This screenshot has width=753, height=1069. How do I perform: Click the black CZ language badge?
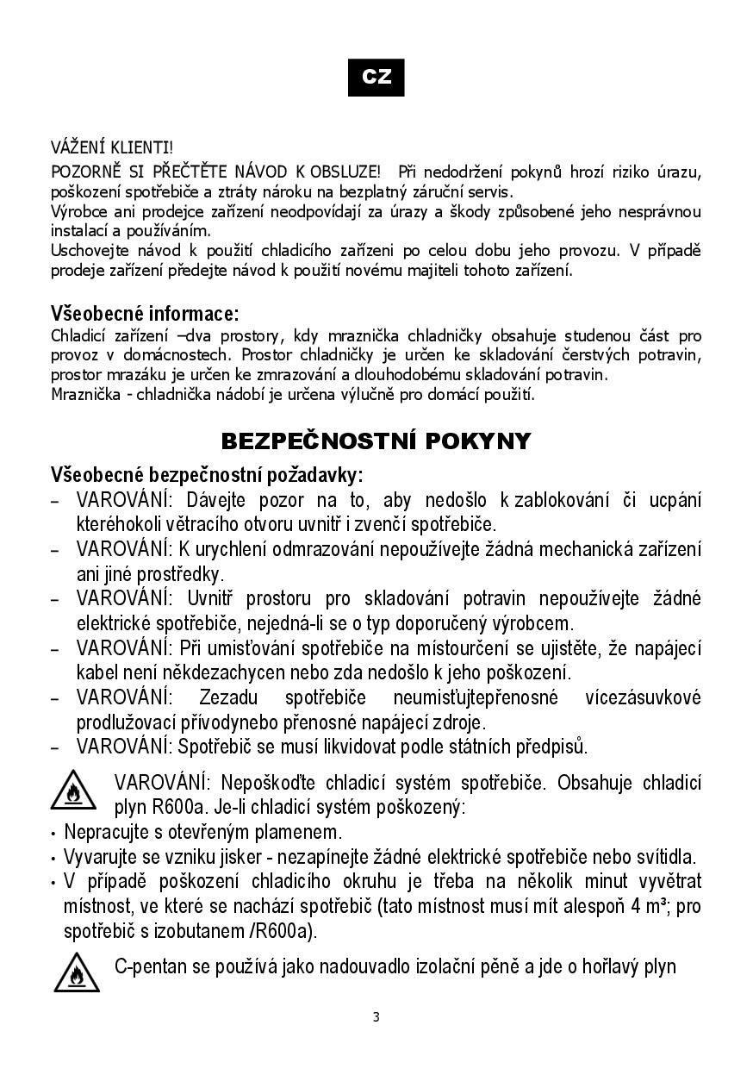376,77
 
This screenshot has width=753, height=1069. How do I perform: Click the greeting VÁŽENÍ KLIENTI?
112,150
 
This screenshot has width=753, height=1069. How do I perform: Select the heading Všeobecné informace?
145,312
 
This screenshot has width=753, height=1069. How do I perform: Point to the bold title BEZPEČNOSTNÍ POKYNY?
376,441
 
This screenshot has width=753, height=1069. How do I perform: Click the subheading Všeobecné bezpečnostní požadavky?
207,474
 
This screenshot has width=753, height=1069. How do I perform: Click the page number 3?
376,1016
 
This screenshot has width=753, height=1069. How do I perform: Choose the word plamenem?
302,833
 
